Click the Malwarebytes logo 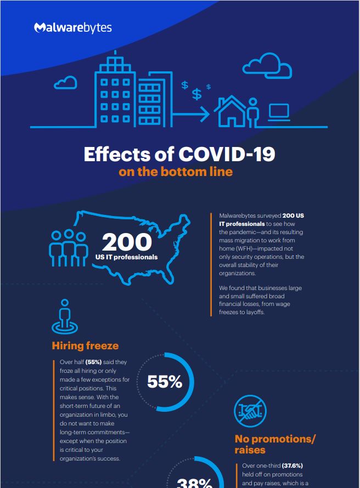72,27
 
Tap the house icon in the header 230,111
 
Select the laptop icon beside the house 279,112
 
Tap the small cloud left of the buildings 65,83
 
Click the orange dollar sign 209,87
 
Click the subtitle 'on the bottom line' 175,172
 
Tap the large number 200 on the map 126,242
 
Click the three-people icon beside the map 69,247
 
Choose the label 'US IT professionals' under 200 126,257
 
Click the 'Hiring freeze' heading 85,345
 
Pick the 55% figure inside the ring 165,382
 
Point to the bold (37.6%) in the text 292,466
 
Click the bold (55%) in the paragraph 102,362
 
